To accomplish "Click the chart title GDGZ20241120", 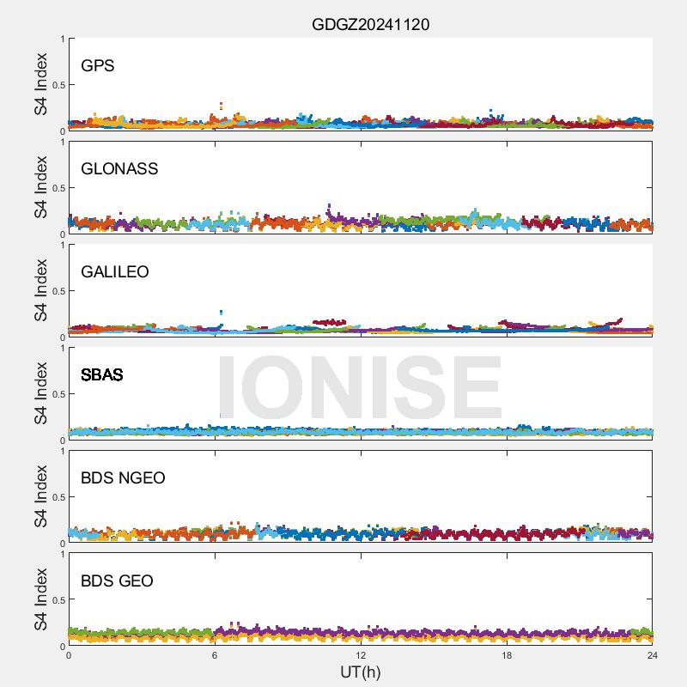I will click(370, 24).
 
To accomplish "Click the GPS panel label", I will click(97, 65).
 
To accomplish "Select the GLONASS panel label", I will click(119, 168).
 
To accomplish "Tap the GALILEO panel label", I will click(114, 271).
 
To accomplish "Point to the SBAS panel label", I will click(101, 374).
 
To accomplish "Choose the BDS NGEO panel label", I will click(123, 477).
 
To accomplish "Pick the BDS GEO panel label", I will click(117, 581).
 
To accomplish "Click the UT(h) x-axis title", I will click(360, 671).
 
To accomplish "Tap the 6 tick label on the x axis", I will click(215, 655).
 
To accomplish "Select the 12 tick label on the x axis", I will click(361, 655).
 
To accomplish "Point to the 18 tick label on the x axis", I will click(507, 655).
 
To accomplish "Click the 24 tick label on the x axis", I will click(653, 655).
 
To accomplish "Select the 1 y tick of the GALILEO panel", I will click(62, 246).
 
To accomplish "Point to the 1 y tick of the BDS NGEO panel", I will click(62, 452).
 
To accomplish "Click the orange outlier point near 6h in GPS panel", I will click(222, 105).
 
